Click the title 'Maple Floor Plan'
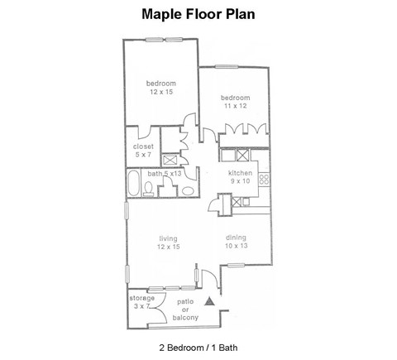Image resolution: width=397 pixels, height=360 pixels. coord(198,14)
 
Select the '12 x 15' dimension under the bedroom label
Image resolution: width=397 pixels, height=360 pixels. coord(161,92)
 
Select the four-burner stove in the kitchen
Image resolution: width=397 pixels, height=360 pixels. coord(265,178)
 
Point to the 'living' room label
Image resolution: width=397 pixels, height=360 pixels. coord(168,238)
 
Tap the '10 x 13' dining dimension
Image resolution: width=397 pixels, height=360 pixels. coord(237,246)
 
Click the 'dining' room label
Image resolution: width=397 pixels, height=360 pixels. coord(237,238)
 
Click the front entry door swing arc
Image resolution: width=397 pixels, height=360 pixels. coord(212,276)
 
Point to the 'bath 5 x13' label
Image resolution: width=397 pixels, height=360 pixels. coord(166,174)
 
